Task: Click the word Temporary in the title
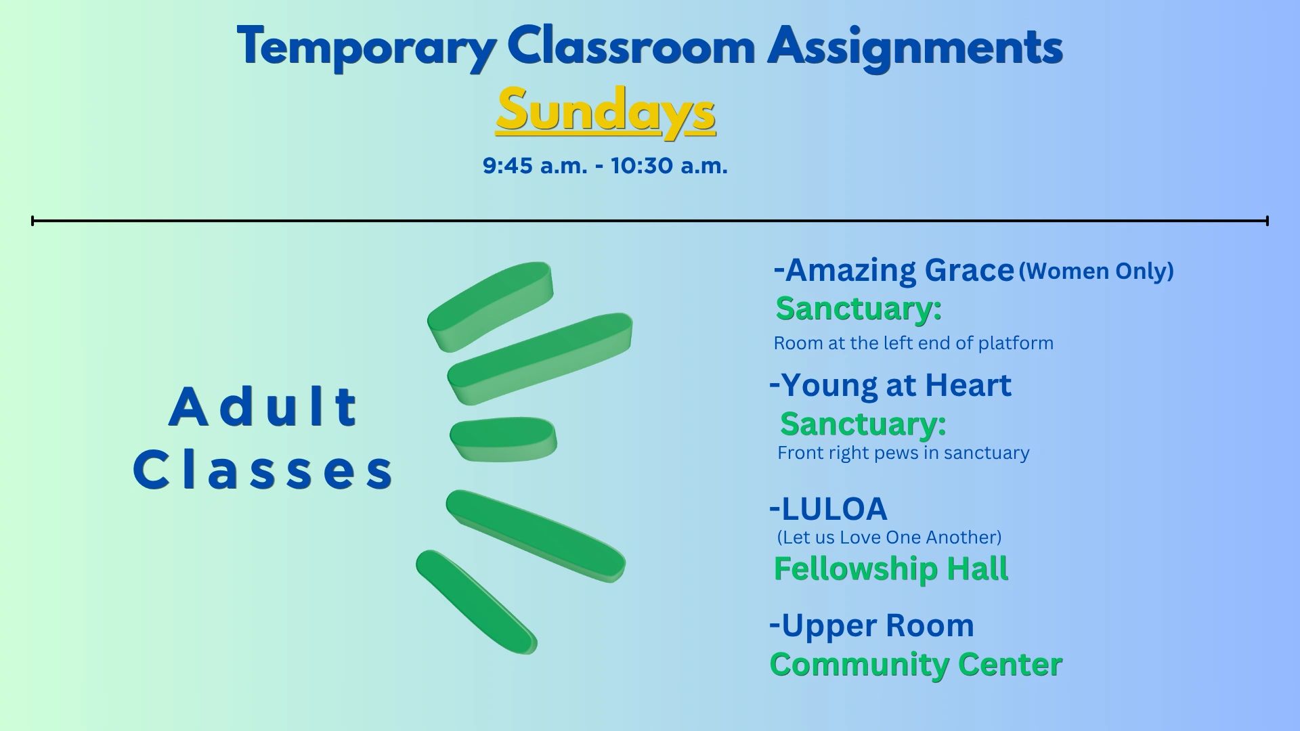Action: (367, 47)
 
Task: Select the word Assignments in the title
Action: (915, 47)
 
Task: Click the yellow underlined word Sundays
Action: (605, 111)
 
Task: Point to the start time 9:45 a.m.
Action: (535, 166)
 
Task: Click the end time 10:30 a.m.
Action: (669, 166)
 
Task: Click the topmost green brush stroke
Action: (490, 307)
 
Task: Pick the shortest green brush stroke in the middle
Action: (503, 439)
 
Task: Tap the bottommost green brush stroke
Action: (476, 602)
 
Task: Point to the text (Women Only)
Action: (1096, 271)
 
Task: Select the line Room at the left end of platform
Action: (913, 343)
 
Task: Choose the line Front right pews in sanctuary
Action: (903, 453)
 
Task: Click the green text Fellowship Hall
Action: (891, 569)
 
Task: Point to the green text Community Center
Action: (916, 665)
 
